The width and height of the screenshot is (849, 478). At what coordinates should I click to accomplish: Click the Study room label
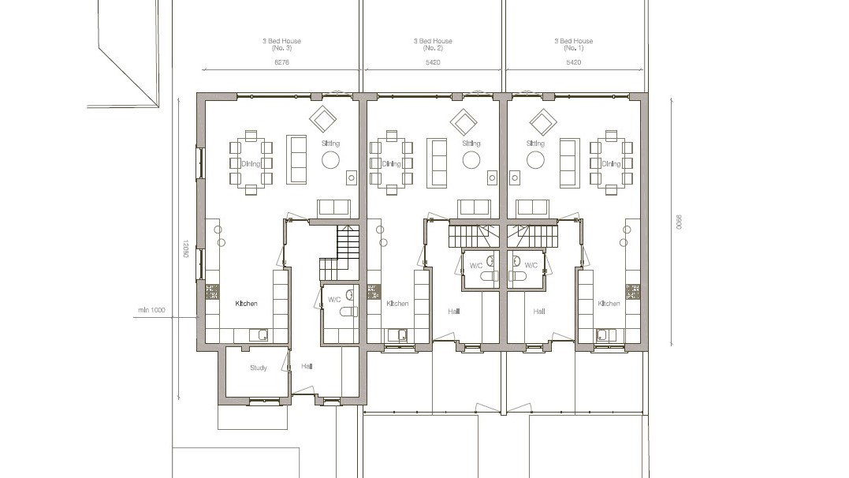[259, 368]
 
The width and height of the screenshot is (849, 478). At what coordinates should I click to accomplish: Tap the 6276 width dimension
[282, 62]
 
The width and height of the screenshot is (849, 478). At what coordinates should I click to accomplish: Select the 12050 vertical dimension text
[185, 249]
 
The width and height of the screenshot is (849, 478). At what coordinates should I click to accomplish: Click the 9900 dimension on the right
[678, 223]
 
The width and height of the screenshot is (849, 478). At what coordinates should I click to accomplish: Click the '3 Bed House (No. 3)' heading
[282, 44]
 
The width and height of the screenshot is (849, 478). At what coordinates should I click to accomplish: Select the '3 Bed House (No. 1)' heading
[573, 44]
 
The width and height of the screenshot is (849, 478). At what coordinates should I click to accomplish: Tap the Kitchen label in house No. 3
[247, 303]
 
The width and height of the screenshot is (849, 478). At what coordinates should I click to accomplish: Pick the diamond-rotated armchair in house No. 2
[464, 121]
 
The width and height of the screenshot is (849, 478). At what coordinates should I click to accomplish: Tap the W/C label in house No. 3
[334, 300]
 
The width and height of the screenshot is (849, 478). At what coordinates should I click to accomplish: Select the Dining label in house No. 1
[612, 164]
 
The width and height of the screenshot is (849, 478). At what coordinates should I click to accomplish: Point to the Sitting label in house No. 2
[471, 144]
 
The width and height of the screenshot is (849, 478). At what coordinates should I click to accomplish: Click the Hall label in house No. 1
[539, 312]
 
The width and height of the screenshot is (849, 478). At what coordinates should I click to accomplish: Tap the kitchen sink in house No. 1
[605, 334]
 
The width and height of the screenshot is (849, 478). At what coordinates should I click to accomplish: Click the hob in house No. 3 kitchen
[212, 291]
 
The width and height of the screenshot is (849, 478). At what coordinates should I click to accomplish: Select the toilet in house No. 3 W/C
[348, 312]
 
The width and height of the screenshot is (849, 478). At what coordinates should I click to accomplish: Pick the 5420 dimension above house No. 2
[433, 62]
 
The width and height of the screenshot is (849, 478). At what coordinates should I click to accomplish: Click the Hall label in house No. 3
[306, 366]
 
